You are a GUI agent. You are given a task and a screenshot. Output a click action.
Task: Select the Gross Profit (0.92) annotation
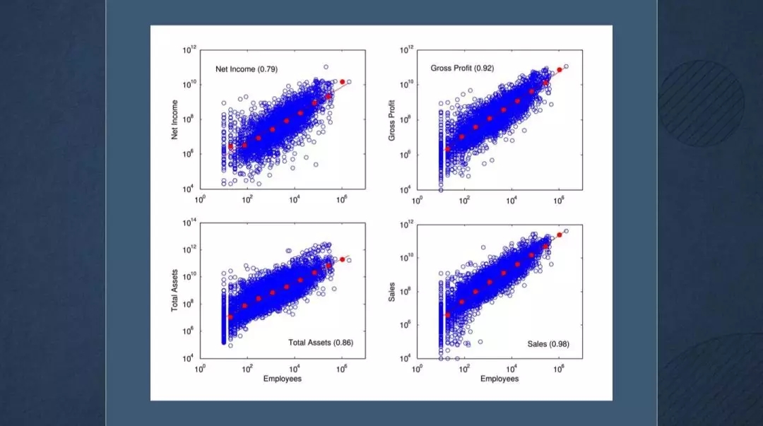click(x=462, y=68)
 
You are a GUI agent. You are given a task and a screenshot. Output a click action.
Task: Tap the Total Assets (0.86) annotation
click(x=321, y=343)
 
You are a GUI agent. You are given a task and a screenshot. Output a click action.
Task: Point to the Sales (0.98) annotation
click(x=548, y=344)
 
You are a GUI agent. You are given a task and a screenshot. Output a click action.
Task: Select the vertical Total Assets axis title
click(x=175, y=290)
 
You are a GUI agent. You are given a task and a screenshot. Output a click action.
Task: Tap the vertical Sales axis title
click(x=392, y=291)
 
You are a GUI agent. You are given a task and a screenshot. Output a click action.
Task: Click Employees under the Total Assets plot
click(x=283, y=379)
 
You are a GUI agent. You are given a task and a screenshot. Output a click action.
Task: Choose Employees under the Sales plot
click(x=499, y=379)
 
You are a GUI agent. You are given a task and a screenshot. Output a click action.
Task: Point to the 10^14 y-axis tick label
click(x=189, y=223)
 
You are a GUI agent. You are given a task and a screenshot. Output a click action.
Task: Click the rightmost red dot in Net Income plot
click(x=343, y=82)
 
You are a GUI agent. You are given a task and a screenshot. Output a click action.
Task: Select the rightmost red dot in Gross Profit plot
click(x=560, y=69)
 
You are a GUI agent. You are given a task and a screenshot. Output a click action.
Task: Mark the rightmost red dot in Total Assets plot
click(x=343, y=259)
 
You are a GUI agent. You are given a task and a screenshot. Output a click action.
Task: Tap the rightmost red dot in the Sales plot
click(x=560, y=235)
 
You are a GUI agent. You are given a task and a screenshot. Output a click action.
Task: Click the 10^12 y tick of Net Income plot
click(x=189, y=51)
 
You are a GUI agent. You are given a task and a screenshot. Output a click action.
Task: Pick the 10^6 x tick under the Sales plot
click(x=558, y=369)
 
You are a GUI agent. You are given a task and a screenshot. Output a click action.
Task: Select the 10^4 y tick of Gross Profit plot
click(x=406, y=190)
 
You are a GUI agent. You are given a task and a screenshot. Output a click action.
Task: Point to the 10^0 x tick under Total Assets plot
click(x=201, y=369)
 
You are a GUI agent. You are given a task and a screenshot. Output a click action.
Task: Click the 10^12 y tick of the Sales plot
click(x=406, y=225)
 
